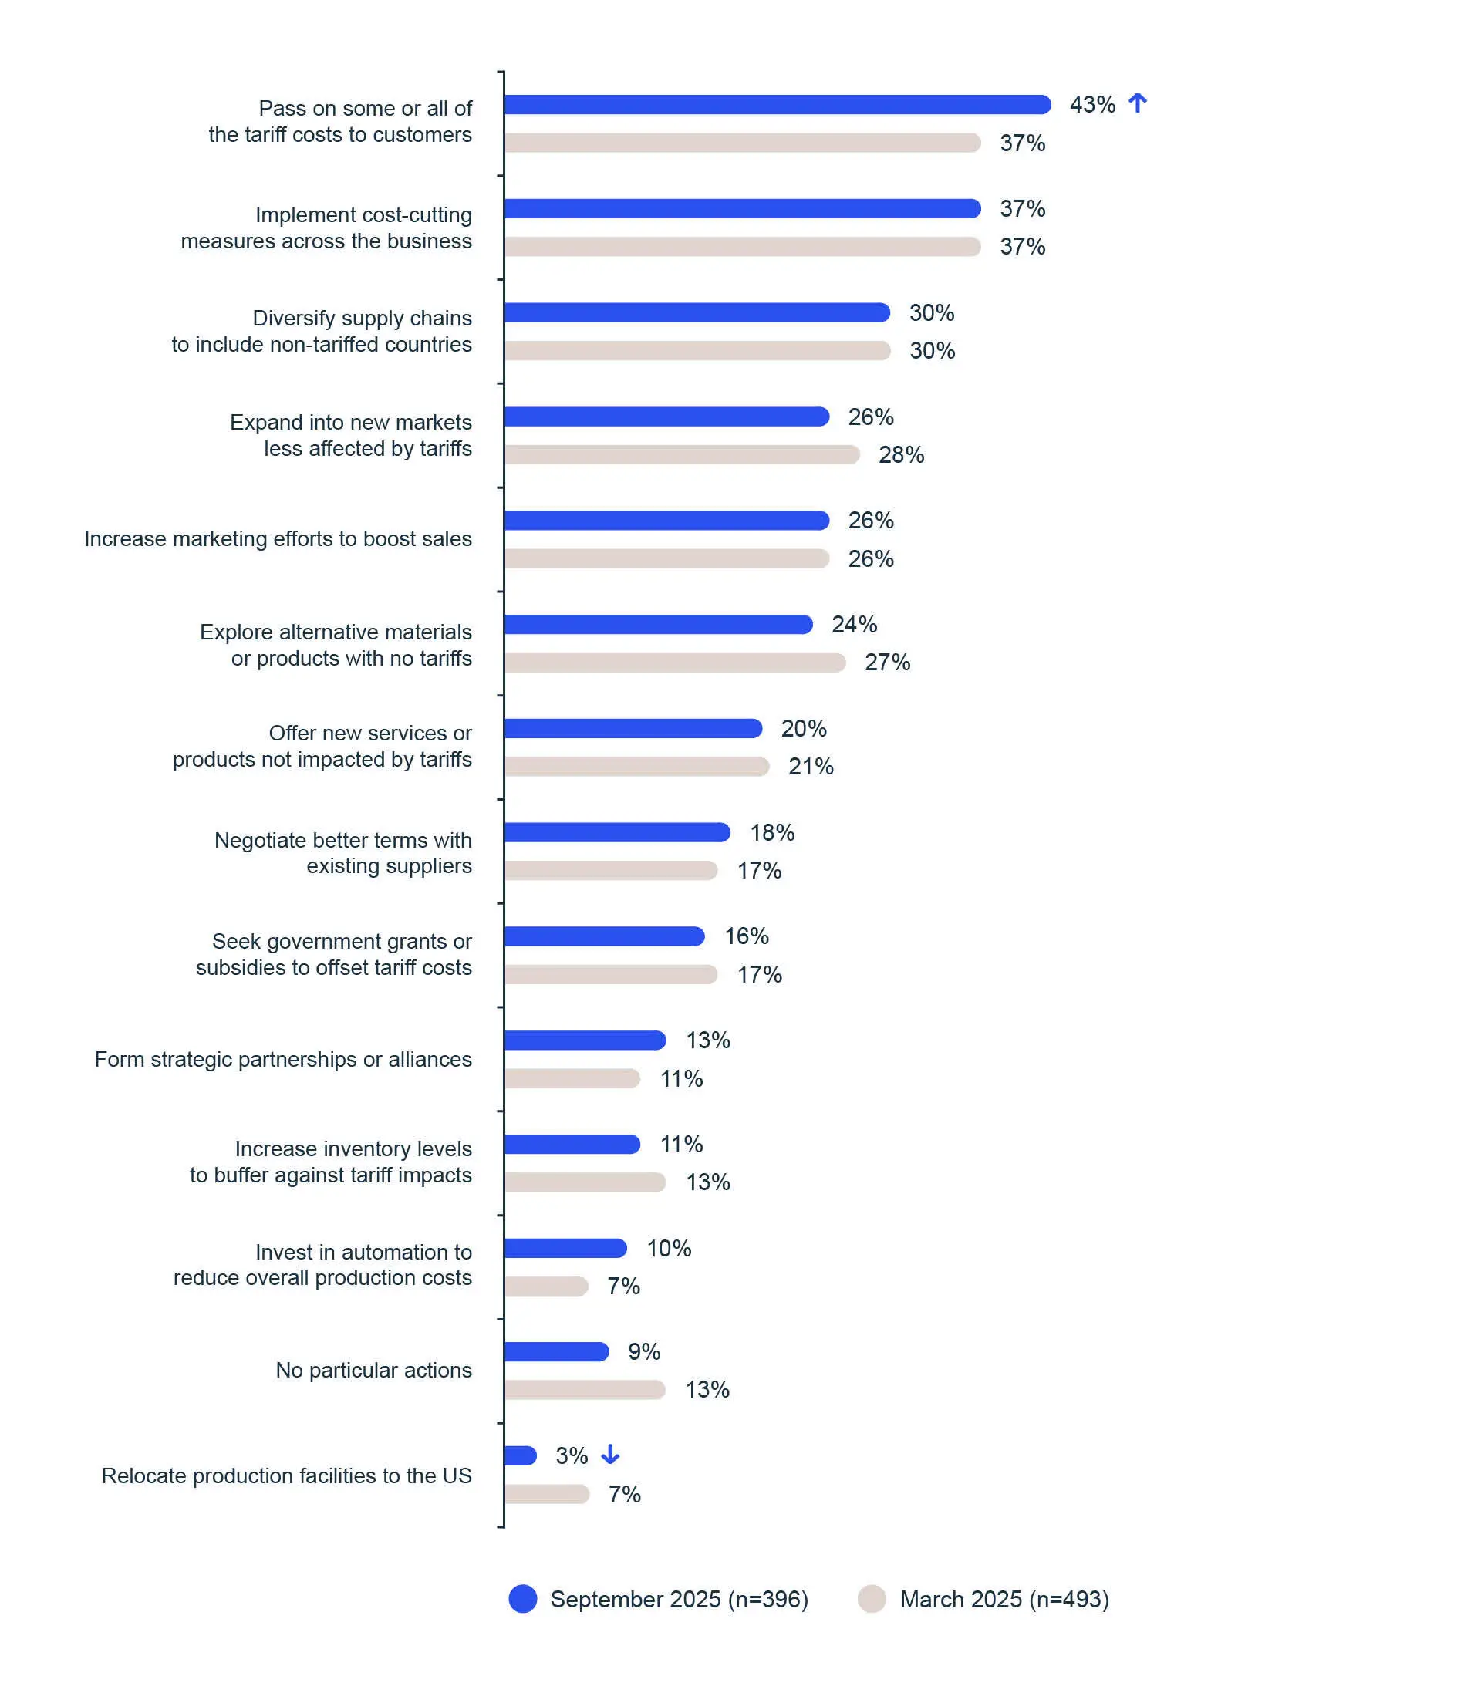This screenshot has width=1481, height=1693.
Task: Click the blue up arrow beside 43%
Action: tap(1137, 103)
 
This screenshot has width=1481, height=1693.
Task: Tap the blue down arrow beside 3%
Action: tap(610, 1454)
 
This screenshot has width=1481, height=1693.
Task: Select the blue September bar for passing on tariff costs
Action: tap(777, 105)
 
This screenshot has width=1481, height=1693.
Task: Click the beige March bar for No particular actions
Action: tap(585, 1390)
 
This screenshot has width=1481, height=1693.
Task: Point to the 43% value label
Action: tap(1091, 105)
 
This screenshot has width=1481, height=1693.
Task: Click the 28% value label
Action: tap(901, 455)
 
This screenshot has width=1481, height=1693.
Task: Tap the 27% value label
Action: tap(887, 663)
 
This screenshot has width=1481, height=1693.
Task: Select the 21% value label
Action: tap(811, 767)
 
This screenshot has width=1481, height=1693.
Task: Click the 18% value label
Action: tap(772, 833)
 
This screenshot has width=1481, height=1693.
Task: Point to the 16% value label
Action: tap(747, 936)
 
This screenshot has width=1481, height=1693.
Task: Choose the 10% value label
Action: tap(669, 1249)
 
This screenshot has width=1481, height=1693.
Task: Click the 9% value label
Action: tap(644, 1352)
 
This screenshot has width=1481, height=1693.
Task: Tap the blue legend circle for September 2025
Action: tap(523, 1599)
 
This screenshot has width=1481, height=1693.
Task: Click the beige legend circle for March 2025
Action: tap(872, 1599)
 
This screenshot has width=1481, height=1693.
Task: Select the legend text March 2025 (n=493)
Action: tap(1004, 1600)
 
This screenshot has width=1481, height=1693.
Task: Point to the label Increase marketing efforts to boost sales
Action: tap(278, 538)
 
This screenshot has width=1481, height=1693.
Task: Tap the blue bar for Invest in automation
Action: tap(565, 1249)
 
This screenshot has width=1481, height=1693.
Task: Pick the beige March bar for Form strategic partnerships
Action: tap(572, 1078)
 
